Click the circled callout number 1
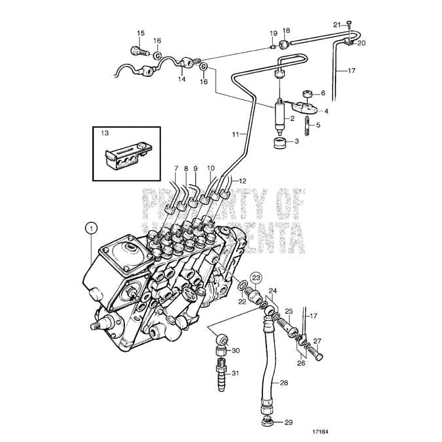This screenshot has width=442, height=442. click(x=91, y=228)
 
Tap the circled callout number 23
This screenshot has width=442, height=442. click(x=257, y=277)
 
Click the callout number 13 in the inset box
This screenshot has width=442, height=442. click(x=104, y=133)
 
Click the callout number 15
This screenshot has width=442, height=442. click(x=140, y=33)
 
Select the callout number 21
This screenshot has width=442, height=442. click(x=335, y=25)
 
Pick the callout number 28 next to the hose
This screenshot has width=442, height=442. click(x=283, y=382)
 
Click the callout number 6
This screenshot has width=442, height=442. click(x=322, y=93)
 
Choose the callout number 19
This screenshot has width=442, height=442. click(x=273, y=33)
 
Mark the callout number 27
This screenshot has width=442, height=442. click(x=317, y=341)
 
